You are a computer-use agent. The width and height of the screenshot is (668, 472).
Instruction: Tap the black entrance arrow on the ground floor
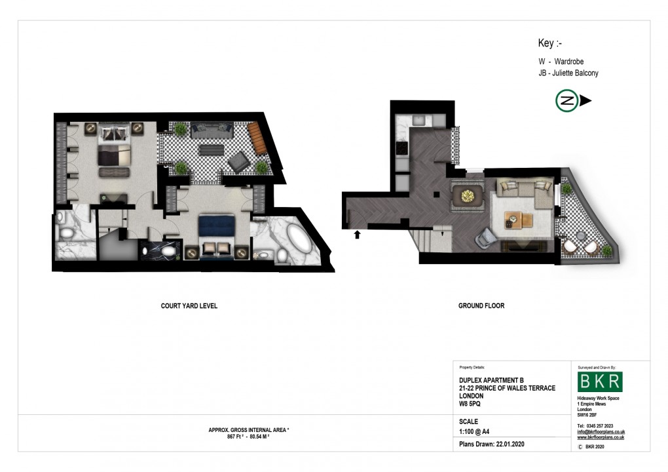pos(357,234)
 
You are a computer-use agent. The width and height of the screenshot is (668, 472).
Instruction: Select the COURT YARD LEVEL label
pos(189,305)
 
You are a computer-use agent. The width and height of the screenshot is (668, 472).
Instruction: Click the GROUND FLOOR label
pos(481,305)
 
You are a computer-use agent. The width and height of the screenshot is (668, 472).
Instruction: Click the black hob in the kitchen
pos(401,148)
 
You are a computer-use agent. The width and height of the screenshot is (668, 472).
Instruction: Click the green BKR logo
pos(600,382)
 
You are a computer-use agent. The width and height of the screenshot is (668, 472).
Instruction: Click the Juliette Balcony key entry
pos(568,73)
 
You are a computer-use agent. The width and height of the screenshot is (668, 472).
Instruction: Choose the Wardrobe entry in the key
pos(562,61)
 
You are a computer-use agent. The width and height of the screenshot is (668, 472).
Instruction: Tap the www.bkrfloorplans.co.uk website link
pos(601,437)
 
